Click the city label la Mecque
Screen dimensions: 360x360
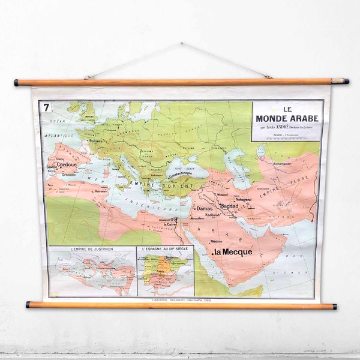click(x=233, y=252)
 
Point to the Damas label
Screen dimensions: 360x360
click(x=205, y=209)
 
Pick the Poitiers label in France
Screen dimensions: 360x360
click(x=96, y=142)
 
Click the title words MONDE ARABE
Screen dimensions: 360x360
click(x=287, y=118)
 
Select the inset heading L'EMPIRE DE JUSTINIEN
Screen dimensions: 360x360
click(x=92, y=248)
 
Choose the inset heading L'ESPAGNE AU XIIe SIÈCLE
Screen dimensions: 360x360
click(x=165, y=248)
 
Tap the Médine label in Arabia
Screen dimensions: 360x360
click(x=216, y=241)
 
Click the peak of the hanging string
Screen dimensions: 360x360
click(x=180, y=44)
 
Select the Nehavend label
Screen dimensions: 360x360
click(x=243, y=199)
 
